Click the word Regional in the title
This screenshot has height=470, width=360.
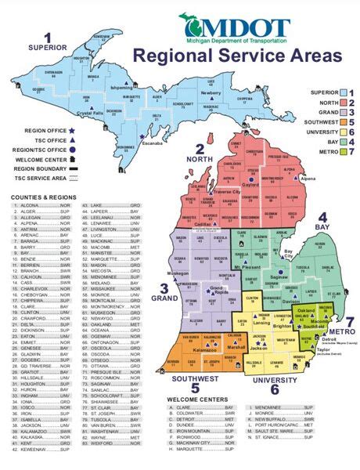pos(171,56)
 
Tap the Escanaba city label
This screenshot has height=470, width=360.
pos(153,144)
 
